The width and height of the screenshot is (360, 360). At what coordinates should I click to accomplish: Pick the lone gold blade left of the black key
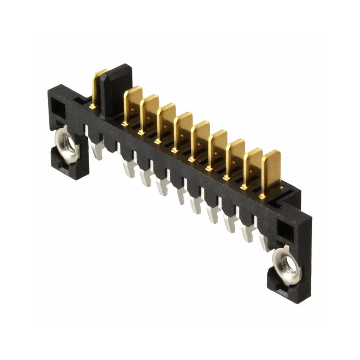click(98, 88)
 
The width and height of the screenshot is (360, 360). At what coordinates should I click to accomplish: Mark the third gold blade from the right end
click(235, 155)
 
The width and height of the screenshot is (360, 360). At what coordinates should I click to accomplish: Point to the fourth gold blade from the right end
click(218, 146)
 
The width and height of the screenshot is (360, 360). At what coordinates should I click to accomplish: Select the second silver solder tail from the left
click(128, 168)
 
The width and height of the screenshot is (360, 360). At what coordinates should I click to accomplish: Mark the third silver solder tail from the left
click(145, 177)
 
